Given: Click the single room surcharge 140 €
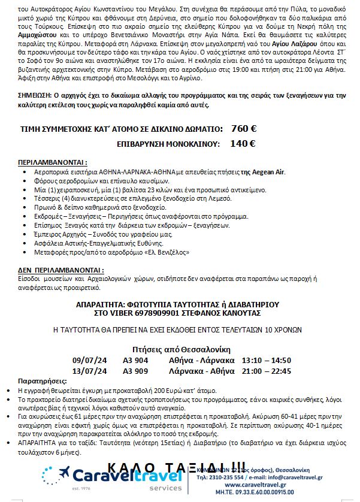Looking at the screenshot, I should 243,144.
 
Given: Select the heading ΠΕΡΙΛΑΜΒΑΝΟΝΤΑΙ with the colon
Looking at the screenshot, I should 53,162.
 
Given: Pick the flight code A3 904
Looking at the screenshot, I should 136,360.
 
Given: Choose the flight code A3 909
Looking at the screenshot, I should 136,371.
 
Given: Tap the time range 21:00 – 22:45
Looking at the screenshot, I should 266,371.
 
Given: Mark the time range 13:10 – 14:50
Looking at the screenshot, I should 266,360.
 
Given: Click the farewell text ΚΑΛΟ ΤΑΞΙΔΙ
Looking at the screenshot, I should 176,467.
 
